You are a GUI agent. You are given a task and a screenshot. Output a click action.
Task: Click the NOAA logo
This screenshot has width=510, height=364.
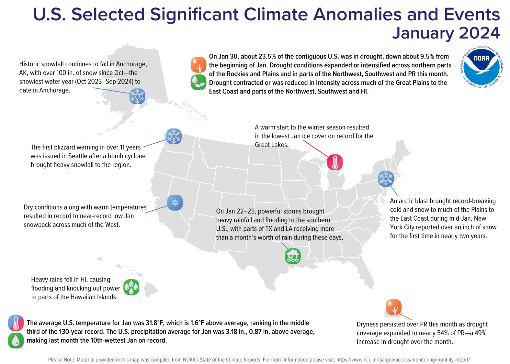tap(482, 67)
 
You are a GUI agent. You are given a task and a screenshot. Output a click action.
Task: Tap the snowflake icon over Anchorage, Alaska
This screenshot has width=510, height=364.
tap(137, 96)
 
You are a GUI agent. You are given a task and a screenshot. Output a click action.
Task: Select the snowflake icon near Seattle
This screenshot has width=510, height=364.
tap(174, 136)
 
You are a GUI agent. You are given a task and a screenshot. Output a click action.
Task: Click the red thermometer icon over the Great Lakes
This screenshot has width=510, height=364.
tap(335, 162)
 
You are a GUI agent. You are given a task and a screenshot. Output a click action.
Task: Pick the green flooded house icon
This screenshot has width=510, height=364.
tap(293, 256)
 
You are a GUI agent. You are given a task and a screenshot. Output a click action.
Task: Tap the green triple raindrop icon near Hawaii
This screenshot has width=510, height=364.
tap(131, 287)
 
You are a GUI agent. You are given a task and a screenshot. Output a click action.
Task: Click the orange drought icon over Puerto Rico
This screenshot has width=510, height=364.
tap(393, 307)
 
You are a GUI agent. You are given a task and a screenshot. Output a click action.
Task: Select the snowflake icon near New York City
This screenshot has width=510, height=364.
tap(386, 179)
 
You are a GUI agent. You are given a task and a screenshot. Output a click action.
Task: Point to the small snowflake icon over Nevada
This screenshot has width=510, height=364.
tap(175, 203)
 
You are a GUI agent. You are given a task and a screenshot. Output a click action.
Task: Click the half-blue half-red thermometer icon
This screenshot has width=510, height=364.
tap(16, 323)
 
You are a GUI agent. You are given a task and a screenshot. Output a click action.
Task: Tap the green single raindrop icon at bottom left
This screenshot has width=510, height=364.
tap(16, 340)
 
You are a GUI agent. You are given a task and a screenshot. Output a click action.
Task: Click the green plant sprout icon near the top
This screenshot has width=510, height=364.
tap(198, 82)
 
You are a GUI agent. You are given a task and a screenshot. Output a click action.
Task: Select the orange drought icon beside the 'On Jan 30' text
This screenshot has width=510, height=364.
tap(198, 65)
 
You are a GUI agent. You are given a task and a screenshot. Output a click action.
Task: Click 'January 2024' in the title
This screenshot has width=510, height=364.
tap(446, 33)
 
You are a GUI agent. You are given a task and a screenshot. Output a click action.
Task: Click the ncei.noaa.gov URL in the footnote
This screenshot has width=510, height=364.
tap(403, 359)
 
